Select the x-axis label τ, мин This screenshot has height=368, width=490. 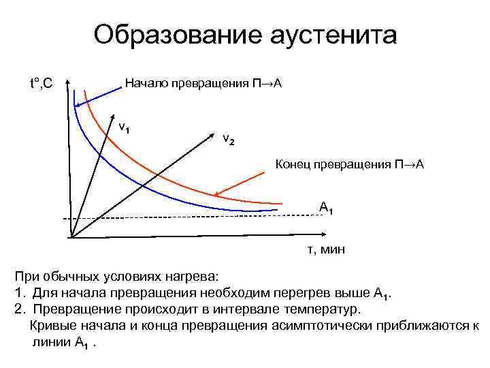[x=326, y=250]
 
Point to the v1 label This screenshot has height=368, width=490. [x=125, y=127]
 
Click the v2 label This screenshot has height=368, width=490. [x=229, y=140]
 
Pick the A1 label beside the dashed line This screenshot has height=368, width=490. [x=326, y=208]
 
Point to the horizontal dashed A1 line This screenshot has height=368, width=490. [x=204, y=217]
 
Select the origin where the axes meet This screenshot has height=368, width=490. [x=71, y=237]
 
